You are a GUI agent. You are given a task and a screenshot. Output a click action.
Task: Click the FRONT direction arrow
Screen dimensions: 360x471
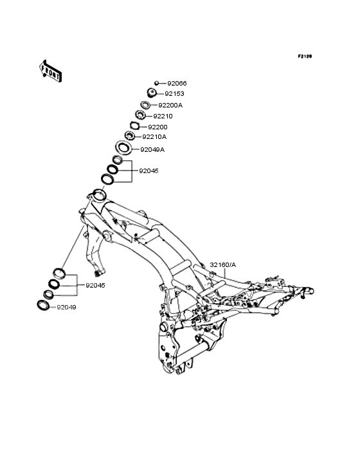[51, 71]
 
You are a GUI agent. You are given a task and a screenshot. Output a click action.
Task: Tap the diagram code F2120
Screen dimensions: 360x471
[305, 56]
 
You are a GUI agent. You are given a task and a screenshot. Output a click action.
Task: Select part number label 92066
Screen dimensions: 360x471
[177, 83]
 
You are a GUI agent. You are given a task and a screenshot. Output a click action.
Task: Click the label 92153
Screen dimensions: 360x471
[174, 94]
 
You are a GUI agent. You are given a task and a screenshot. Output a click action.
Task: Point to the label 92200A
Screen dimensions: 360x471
[170, 105]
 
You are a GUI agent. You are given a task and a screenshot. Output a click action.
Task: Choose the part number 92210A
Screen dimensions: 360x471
[154, 136]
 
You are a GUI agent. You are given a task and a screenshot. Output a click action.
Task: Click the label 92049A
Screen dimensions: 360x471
[152, 149]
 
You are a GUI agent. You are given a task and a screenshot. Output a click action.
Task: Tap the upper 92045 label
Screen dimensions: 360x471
[148, 171]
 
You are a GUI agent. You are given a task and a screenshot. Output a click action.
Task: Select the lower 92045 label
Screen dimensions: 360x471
[95, 285]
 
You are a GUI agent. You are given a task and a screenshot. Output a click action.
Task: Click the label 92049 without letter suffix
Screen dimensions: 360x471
[66, 308]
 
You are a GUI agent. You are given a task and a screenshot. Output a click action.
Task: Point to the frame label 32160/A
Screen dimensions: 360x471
[223, 265]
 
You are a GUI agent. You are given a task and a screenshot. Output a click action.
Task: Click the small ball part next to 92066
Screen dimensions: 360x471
[156, 83]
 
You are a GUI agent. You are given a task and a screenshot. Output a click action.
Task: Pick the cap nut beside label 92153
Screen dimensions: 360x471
[152, 93]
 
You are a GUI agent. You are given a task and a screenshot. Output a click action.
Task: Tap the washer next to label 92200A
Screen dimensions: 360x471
[145, 105]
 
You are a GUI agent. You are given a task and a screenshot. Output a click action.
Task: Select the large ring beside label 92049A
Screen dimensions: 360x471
[123, 148]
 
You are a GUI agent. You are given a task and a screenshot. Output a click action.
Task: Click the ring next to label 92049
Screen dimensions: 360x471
[43, 305]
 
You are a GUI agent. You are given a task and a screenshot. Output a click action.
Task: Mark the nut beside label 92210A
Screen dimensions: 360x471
[129, 136]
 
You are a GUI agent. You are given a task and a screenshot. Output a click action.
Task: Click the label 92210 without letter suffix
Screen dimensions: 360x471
[163, 116]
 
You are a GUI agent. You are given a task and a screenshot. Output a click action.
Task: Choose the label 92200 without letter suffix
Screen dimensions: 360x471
[157, 127]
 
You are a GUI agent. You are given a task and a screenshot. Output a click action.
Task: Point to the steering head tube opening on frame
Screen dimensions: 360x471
[99, 194]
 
